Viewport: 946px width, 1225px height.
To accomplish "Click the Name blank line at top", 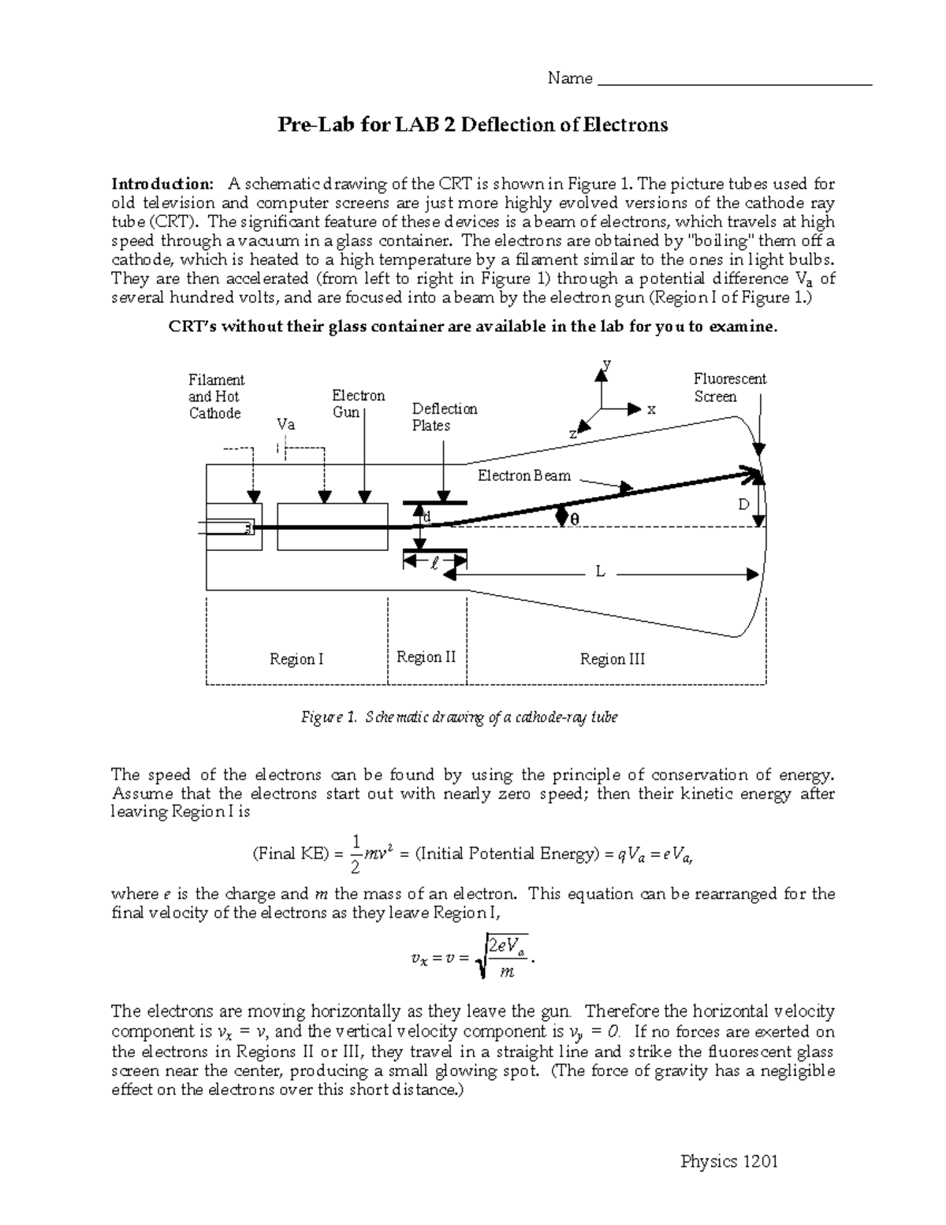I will coord(735,82).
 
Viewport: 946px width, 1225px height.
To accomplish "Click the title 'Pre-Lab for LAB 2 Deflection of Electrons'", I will coord(472,125).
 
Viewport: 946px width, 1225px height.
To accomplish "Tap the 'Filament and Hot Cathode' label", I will coord(216,397).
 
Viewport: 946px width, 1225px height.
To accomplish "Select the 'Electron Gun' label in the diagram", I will coord(358,404).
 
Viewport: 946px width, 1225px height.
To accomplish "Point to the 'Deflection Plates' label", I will coord(445,417).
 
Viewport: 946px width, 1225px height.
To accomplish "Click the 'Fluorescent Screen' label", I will coord(729,388).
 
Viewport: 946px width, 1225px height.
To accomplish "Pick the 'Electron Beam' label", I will coord(524,476).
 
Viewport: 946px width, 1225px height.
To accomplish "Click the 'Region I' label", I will coord(296,659).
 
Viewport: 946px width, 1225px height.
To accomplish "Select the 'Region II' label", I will coord(426,657).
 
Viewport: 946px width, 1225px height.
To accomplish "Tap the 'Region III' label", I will coord(613,659).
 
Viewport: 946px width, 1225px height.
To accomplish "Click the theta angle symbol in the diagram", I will coord(574,519).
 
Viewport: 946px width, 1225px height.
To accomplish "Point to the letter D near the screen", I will coord(743,505).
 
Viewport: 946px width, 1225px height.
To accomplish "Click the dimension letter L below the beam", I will coord(600,572).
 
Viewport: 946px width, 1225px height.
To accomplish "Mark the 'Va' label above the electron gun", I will coord(286,424).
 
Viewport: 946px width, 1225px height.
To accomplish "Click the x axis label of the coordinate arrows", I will coord(651,410).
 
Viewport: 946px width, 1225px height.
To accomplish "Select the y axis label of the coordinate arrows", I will coord(607,364).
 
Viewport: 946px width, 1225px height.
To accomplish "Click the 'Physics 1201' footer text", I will coord(729,1161).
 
